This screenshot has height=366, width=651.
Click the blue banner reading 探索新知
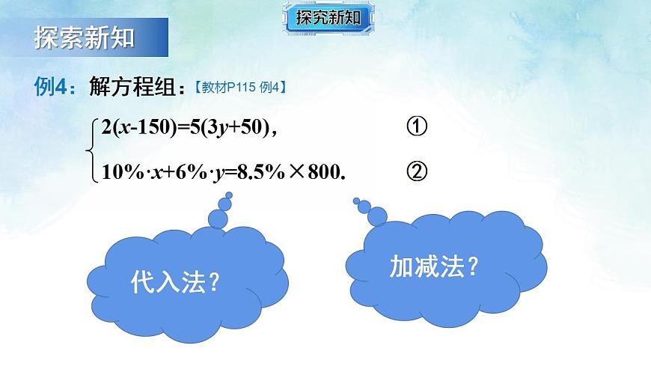tap(84, 37)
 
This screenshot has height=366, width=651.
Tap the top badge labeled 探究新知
tap(328, 16)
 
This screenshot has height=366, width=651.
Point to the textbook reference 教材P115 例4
tap(241, 88)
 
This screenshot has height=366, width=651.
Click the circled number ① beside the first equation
tap(417, 127)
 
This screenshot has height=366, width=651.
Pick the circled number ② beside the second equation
tap(417, 172)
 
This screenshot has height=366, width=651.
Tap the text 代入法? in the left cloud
tap(174, 281)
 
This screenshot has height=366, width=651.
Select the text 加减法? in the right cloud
tap(433, 266)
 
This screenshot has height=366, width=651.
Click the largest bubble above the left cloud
tap(218, 218)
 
